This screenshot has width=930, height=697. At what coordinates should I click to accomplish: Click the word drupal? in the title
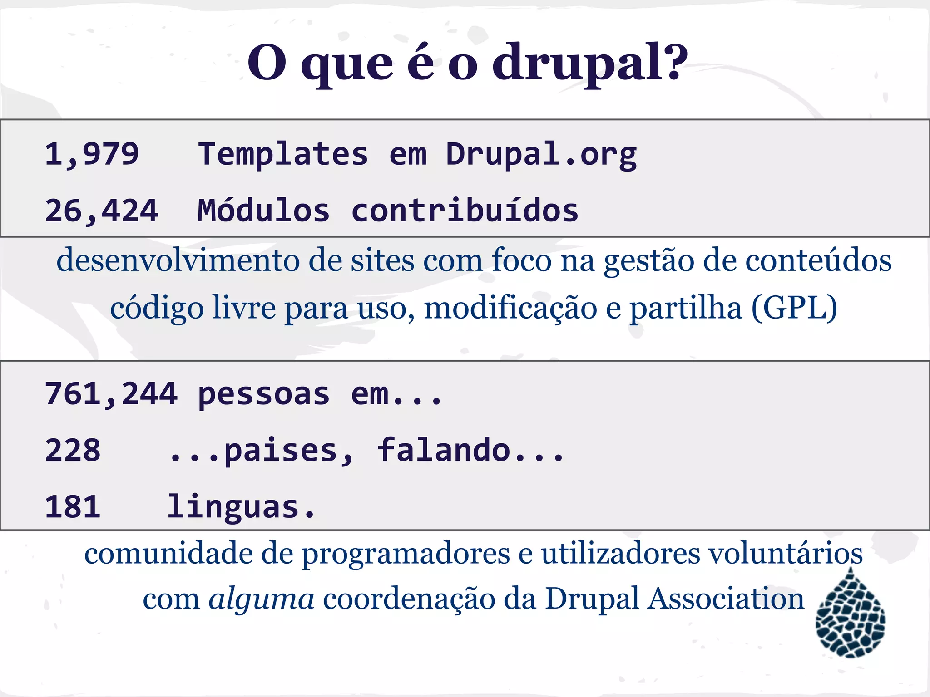[589, 64]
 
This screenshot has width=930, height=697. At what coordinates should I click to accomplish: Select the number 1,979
[92, 154]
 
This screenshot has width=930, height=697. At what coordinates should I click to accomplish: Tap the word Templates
[283, 154]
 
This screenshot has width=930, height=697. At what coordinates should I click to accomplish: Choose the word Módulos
[263, 211]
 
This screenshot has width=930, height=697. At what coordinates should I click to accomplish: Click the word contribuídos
[465, 211]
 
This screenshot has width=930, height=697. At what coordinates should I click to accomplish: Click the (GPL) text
[794, 308]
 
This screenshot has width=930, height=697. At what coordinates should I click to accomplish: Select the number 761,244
[111, 394]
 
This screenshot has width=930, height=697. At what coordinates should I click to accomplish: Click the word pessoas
[263, 394]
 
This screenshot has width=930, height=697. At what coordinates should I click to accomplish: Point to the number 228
[73, 451]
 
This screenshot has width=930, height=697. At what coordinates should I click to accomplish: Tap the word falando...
[444, 451]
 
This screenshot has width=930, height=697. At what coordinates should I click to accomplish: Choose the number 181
[73, 507]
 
